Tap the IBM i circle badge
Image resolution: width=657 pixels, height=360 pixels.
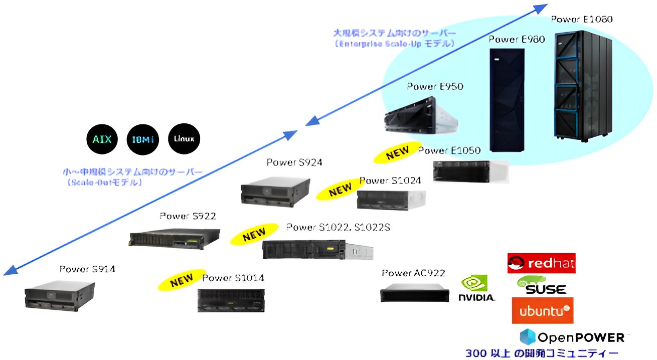point(143,139)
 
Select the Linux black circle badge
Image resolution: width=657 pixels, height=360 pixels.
point(184,138)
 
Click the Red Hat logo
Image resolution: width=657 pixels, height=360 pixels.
point(541,263)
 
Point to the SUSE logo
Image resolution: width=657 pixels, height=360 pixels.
point(542,285)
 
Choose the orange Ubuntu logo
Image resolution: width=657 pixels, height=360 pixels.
point(542,311)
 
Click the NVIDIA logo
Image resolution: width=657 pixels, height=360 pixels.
point(476,289)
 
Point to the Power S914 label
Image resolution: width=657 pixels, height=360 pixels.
point(87,269)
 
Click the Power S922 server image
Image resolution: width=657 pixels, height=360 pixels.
point(175,238)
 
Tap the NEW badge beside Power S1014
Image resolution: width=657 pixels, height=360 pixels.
point(181,282)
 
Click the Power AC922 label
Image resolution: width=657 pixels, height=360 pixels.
point(413,273)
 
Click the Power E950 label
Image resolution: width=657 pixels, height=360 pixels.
point(435,87)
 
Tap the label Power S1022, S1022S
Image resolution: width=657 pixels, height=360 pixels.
point(338,227)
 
